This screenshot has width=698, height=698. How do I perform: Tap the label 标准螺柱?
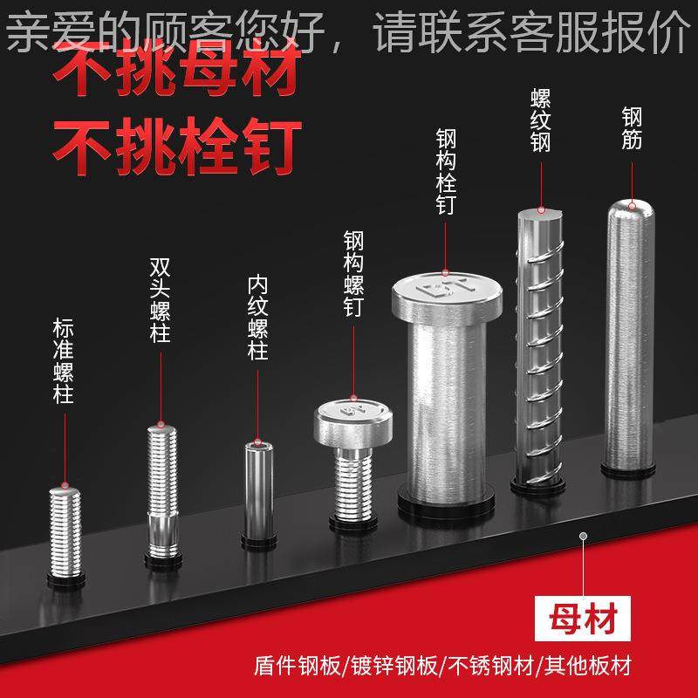coord(63,361)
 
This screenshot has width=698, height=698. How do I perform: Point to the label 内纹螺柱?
coord(257,318)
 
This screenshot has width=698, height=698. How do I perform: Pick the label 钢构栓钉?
coord(446,171)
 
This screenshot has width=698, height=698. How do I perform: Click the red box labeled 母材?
coord(579,621)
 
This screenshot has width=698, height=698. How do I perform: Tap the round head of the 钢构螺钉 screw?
coord(355,419)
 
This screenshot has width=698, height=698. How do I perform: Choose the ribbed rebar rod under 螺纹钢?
coord(537,349)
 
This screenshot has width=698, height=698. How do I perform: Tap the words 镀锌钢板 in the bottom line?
coord(395,667)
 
